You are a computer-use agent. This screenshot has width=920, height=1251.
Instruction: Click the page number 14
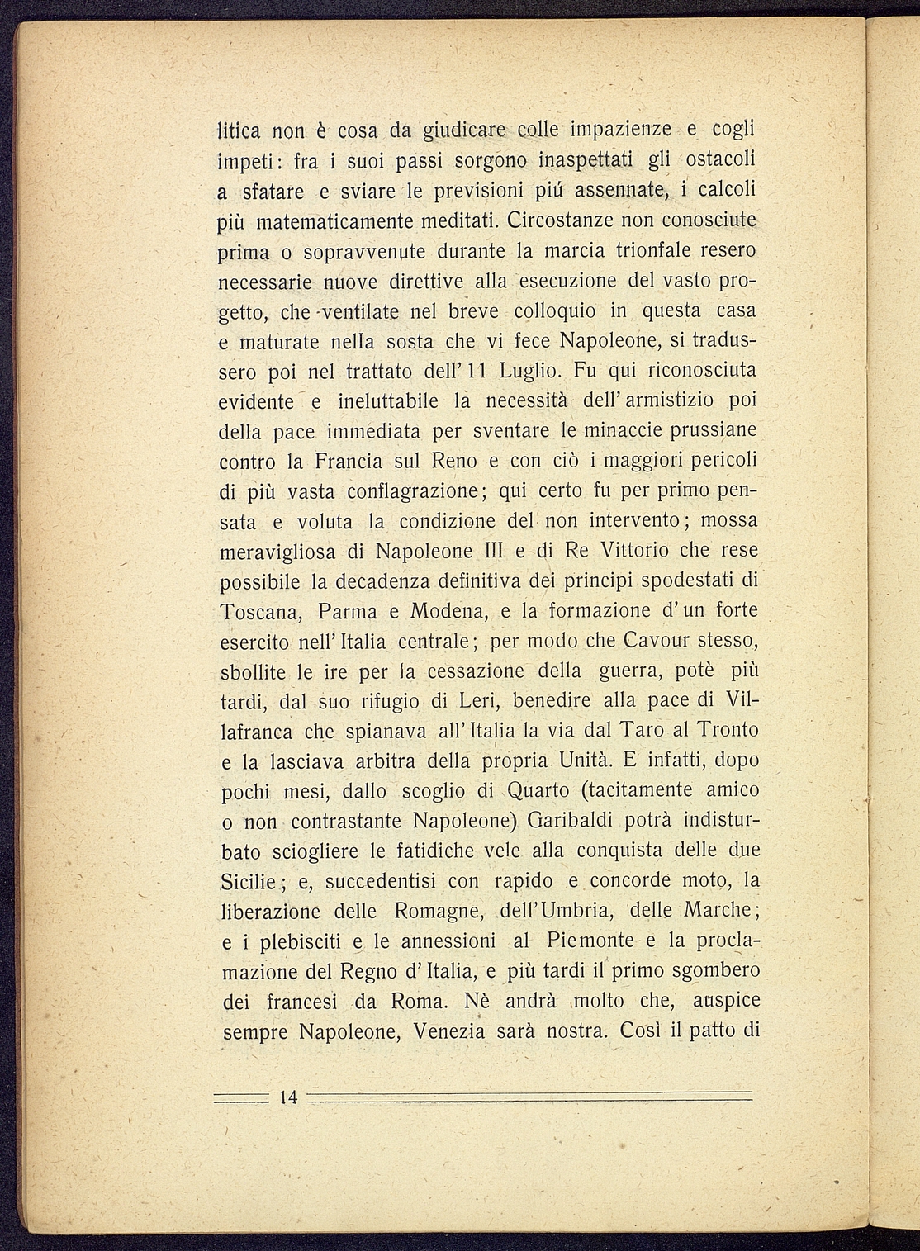[288, 1097]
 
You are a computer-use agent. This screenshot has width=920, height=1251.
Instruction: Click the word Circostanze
[558, 220]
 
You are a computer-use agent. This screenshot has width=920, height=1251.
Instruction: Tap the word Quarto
[538, 790]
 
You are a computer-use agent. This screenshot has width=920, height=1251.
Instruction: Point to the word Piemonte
[590, 941]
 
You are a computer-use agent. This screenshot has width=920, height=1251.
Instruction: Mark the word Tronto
[728, 731]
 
